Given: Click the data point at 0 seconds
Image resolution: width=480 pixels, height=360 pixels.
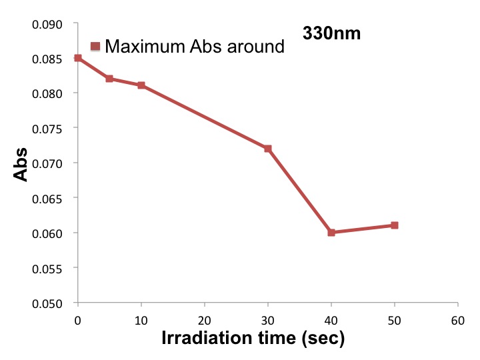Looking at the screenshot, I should tap(78, 58).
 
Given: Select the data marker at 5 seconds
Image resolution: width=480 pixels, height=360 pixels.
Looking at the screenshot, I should tap(109, 79).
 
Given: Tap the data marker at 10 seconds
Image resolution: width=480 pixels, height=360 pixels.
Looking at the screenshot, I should tap(141, 85).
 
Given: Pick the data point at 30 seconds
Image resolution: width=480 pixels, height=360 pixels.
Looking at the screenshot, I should tap(268, 149).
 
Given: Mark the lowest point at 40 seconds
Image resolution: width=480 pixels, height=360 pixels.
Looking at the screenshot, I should tap(331, 233).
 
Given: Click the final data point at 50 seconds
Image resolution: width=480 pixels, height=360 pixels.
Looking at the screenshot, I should tap(395, 225).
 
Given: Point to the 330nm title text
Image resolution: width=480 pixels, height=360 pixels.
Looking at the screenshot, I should tap(332, 33).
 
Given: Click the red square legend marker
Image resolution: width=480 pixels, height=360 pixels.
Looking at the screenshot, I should tap(95, 47).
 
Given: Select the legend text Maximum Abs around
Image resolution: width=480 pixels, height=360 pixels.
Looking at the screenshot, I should tap(195, 47).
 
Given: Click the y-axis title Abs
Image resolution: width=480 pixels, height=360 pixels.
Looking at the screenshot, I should tap(22, 163).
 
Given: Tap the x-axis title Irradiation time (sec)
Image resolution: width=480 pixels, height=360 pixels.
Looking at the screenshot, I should tap(253, 338).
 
